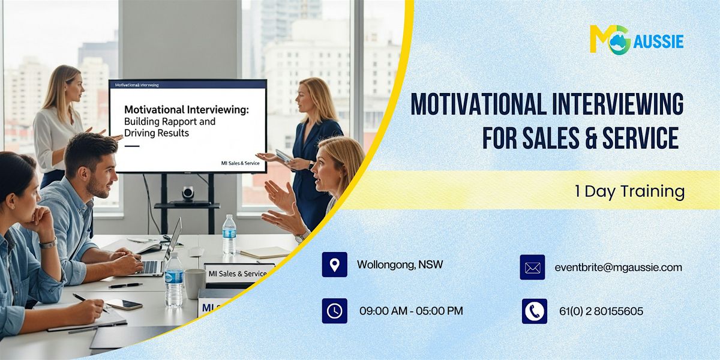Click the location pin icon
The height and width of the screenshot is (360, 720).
334,265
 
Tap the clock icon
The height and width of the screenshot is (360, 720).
334,311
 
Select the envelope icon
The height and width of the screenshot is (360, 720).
532,268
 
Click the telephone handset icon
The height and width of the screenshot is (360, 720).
534,311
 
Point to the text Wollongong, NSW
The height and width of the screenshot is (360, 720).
400,265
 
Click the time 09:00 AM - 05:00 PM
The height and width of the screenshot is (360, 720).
411,311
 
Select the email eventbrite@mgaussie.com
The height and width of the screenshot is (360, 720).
618,268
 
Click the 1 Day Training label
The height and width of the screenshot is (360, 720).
629,191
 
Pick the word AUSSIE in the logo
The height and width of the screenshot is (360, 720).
658,42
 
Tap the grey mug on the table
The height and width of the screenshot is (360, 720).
194,283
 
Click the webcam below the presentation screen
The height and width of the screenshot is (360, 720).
188,193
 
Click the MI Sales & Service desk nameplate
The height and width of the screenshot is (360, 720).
238,274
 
